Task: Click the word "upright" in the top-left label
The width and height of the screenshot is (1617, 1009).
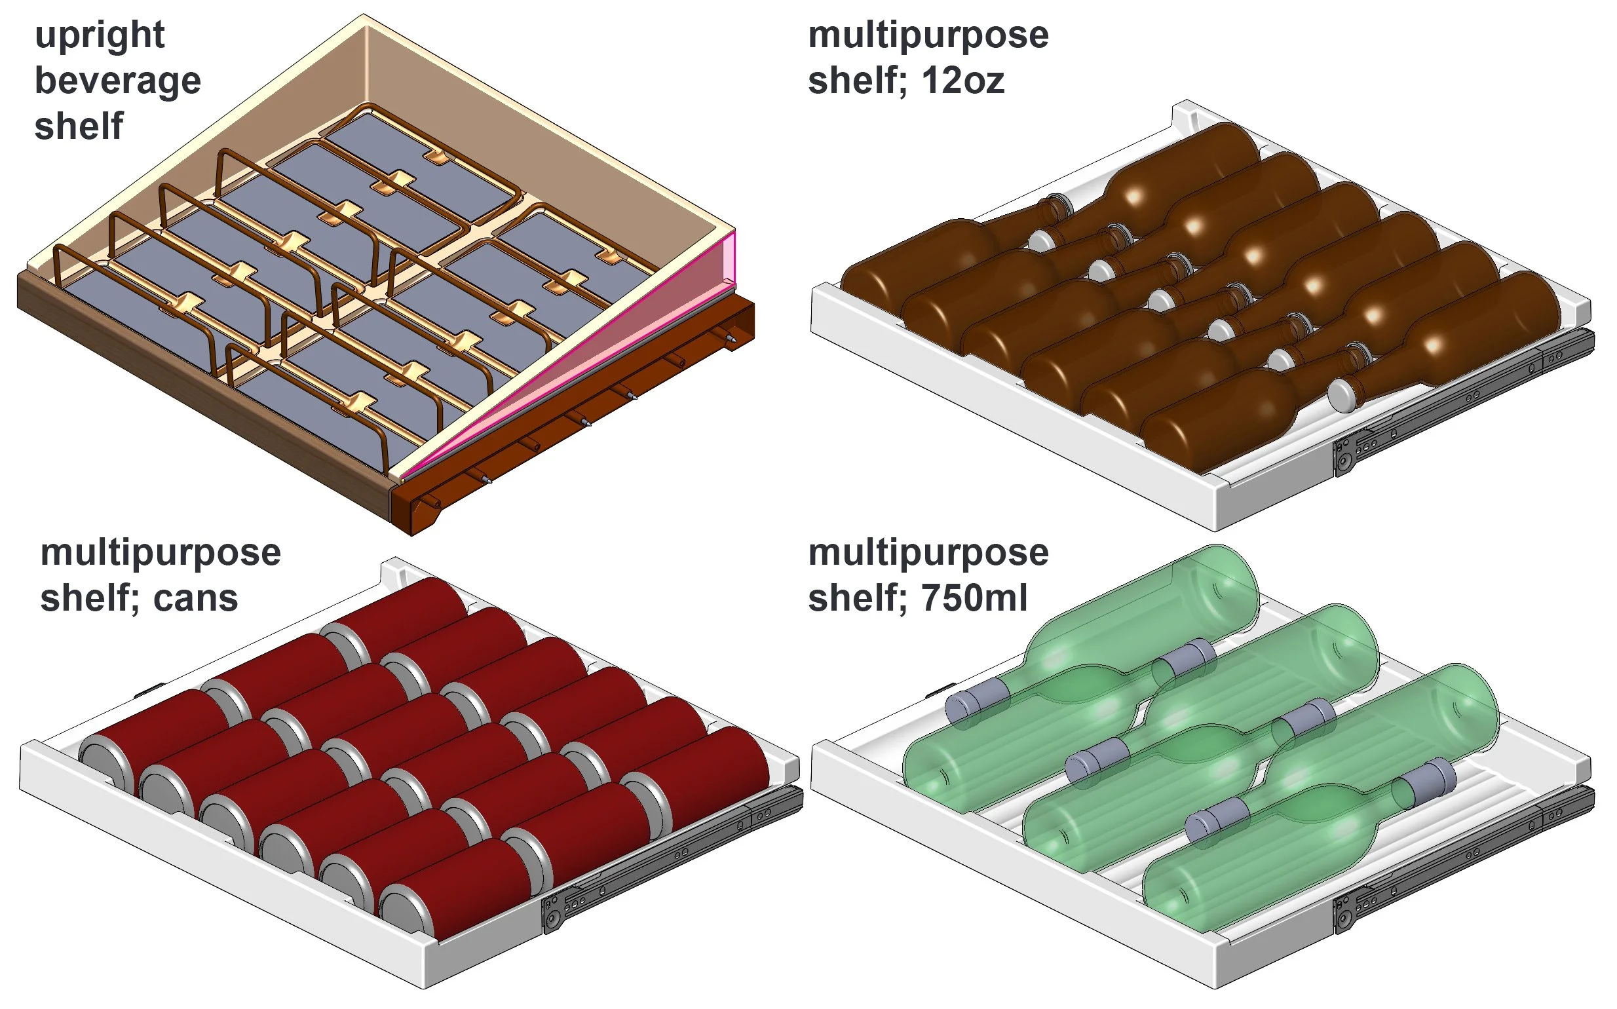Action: pos(100,36)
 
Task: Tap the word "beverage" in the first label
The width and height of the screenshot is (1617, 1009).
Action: pos(117,81)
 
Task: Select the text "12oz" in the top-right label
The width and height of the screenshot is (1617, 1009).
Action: pos(963,81)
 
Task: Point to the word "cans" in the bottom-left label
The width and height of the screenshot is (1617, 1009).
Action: pos(195,599)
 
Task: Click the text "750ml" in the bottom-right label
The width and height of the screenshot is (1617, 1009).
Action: pos(974,599)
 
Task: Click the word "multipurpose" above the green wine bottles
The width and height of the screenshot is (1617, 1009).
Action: pos(928,553)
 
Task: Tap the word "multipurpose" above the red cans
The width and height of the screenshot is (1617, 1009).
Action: pos(160,553)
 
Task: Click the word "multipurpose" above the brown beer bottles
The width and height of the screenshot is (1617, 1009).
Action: pos(928,35)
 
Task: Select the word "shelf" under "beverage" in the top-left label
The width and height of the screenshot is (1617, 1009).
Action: pos(79,127)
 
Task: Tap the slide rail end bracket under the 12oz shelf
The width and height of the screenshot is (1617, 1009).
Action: pos(1343,456)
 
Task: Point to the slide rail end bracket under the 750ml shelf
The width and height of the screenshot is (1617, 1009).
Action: pos(1343,914)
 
